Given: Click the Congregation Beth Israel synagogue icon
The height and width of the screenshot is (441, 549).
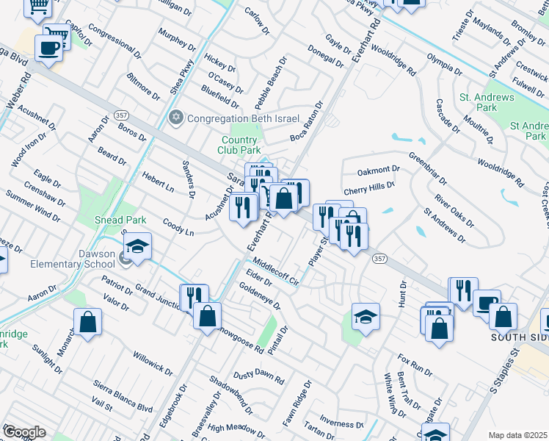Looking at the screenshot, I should coord(175,118).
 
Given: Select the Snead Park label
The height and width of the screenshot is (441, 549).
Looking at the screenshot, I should coord(121,220).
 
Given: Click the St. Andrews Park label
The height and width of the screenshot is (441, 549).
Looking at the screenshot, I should coord(478,102).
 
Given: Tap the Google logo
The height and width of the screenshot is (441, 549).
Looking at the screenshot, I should coord(23,432).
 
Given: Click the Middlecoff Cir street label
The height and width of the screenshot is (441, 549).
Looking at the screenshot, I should coord(276,271).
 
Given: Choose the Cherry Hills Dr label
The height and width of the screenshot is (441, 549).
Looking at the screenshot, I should coord(374,189).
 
